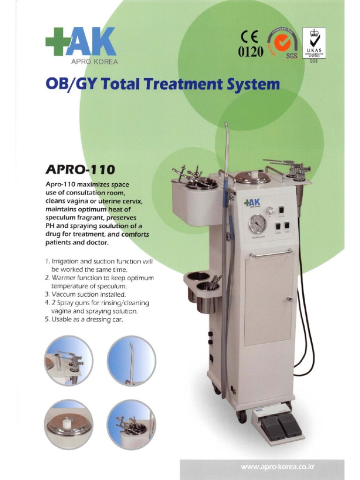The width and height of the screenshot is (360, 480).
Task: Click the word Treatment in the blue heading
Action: [179, 85]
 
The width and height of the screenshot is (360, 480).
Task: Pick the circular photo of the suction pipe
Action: [131, 360]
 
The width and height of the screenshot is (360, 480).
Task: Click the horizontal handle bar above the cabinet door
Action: [271, 254]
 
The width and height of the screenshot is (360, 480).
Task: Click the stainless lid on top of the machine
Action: [252, 177]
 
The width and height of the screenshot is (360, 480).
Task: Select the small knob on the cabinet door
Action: [290, 298]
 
